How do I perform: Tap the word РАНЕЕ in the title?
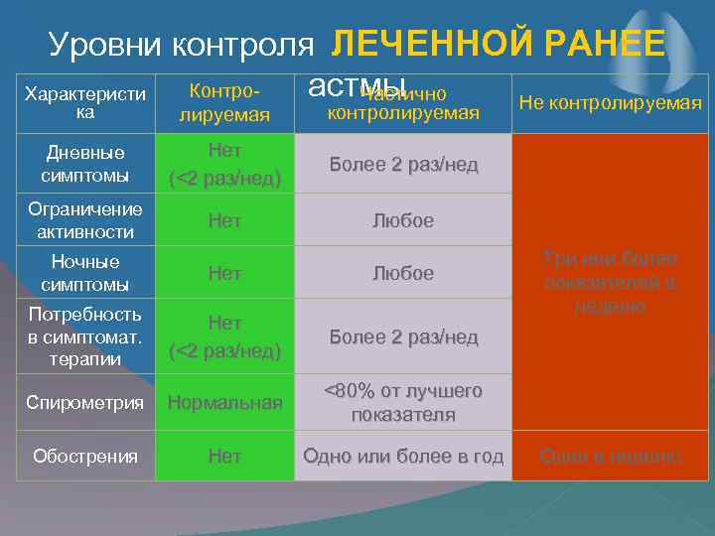[x=600, y=44]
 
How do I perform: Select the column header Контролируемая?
[x=224, y=103]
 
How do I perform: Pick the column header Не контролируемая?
[x=610, y=103]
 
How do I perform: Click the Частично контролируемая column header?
[x=403, y=104]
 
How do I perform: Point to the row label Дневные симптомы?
[x=84, y=164]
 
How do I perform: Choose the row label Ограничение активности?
[x=84, y=220]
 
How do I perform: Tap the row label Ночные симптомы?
[x=84, y=273]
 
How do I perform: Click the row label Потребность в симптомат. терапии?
[x=84, y=336]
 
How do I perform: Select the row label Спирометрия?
[x=84, y=404]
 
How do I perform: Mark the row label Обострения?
[x=84, y=457]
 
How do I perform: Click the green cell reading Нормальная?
[x=224, y=404]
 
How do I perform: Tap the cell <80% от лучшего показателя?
[x=403, y=403]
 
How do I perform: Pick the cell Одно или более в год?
[x=403, y=457]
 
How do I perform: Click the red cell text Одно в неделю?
[x=610, y=457]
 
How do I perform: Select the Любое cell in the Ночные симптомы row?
[x=403, y=273]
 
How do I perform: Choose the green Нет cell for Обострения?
[x=224, y=457]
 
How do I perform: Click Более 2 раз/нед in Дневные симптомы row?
[x=403, y=165]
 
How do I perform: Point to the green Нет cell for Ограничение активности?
[x=224, y=220]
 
